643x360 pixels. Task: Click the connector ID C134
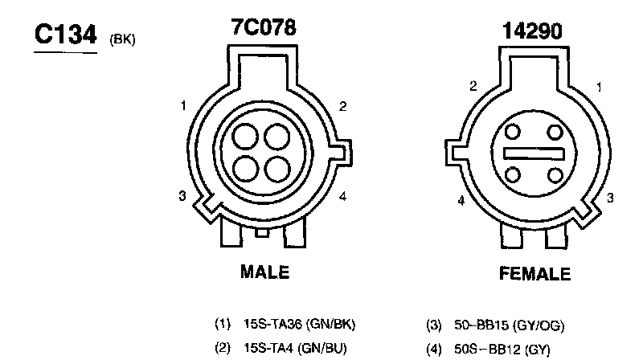[66, 34]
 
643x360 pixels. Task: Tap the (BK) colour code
[122, 39]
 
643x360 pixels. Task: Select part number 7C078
[264, 27]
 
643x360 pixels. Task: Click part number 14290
[532, 31]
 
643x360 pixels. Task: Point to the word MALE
[265, 272]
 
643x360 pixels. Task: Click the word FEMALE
[534, 273]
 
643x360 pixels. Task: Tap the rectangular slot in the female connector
[534, 153]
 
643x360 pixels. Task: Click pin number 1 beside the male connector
[183, 106]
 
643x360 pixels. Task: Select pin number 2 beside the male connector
[343, 106]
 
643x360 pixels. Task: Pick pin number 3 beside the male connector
[182, 196]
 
